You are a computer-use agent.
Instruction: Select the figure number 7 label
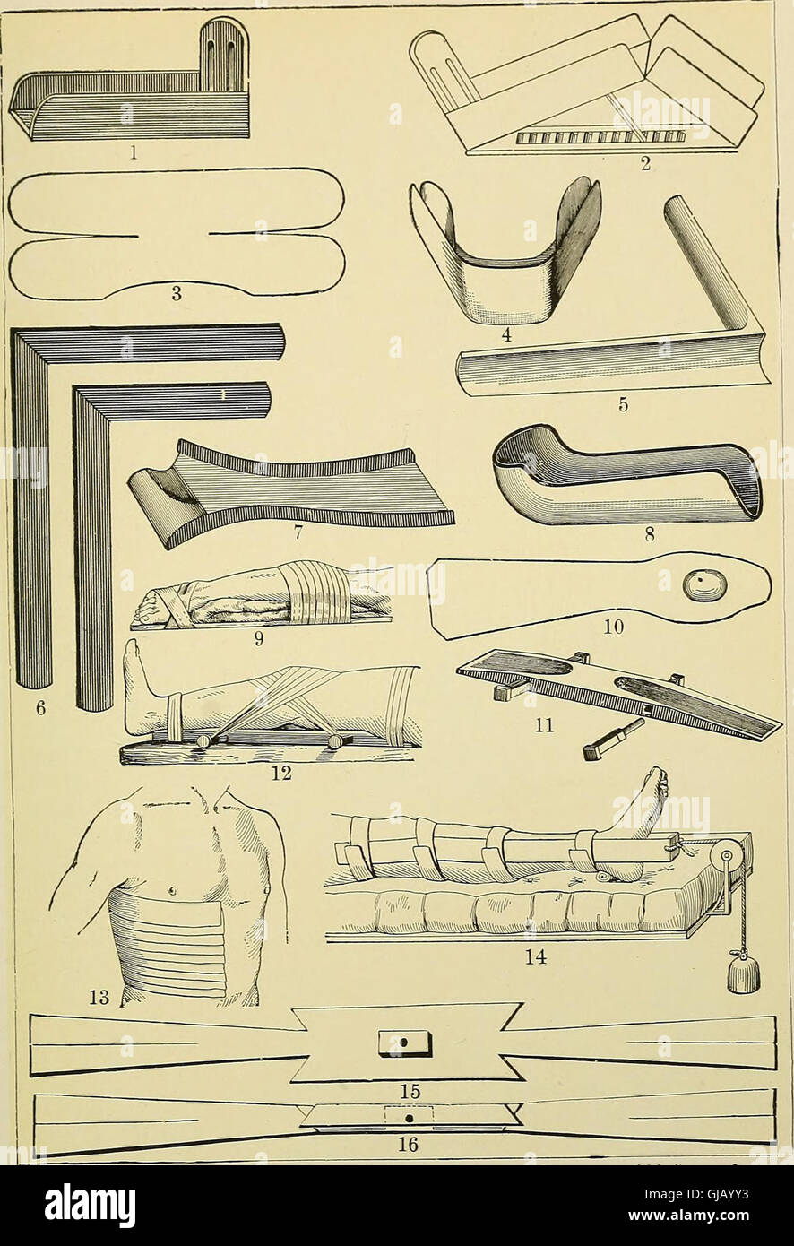297,532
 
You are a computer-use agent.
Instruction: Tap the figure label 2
645,165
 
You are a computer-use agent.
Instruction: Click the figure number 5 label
624,405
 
